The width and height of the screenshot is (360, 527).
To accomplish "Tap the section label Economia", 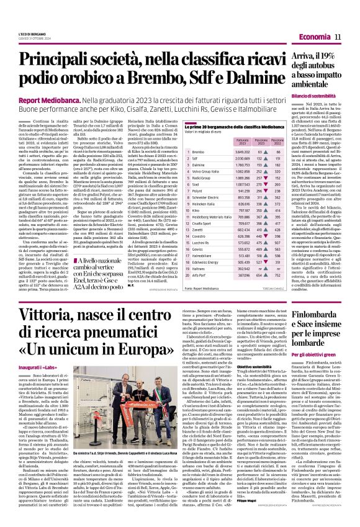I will [x=314, y=38].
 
